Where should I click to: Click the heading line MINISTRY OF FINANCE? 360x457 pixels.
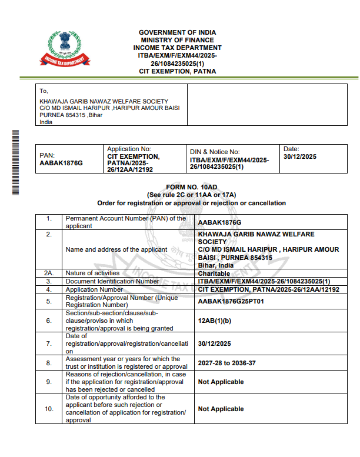pyautogui.click(x=177, y=40)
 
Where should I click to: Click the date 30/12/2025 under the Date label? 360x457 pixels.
pyautogui.click(x=300, y=157)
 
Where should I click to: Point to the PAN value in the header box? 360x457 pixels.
pyautogui.click(x=61, y=163)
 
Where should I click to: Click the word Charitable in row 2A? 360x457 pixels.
pyautogui.click(x=214, y=273)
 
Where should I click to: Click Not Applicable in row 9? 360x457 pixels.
pyautogui.click(x=221, y=382)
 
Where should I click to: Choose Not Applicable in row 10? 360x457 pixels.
pyautogui.click(x=221, y=409)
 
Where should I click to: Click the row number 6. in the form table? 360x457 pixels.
pyautogui.click(x=49, y=321)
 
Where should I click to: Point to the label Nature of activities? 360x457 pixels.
pyautogui.click(x=92, y=273)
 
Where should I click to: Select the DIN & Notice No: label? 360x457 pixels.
pyautogui.click(x=215, y=152)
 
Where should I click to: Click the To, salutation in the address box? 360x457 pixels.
pyautogui.click(x=44, y=91)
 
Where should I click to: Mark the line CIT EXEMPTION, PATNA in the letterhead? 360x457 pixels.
pyautogui.click(x=177, y=71)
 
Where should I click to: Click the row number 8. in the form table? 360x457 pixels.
pyautogui.click(x=49, y=362)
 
